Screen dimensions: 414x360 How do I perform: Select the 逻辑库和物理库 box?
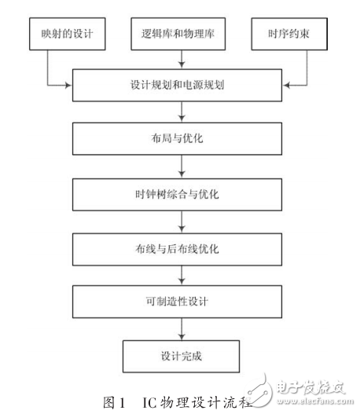pos(182,36)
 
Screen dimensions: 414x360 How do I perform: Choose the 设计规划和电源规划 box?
pos(182,85)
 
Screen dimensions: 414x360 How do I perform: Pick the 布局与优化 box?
pos(182,139)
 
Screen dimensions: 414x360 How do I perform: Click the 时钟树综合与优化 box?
pos(182,193)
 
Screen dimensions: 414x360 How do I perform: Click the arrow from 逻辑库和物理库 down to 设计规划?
pos(182,60)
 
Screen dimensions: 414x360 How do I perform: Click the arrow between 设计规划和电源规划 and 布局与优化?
pos(182,112)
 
